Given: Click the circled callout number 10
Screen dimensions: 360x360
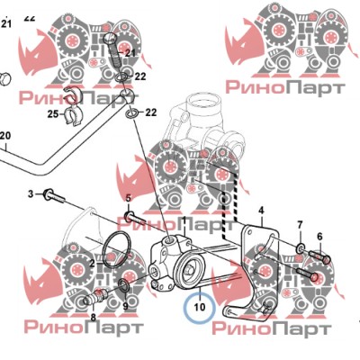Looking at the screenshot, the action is click(x=200, y=307).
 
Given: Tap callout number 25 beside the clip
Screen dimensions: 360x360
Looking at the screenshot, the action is click(x=53, y=114).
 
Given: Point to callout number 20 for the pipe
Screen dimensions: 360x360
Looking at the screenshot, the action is click(x=5, y=136).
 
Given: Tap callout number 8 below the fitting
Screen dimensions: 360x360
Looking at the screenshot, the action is click(x=94, y=317).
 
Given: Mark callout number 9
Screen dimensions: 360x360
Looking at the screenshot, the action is click(x=125, y=306).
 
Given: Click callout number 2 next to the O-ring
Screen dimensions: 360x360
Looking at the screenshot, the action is click(x=92, y=264).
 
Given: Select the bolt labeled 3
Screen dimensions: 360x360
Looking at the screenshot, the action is click(x=54, y=195).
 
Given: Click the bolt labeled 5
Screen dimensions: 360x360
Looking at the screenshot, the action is click(x=135, y=218).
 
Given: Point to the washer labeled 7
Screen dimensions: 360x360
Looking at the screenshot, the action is click(x=301, y=247).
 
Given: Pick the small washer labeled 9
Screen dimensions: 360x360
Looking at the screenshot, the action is click(x=124, y=285).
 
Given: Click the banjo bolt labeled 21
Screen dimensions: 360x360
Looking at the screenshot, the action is click(x=114, y=51).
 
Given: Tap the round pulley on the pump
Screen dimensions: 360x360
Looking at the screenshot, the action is click(x=191, y=269).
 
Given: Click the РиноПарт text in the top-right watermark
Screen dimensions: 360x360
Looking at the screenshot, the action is click(x=285, y=88).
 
